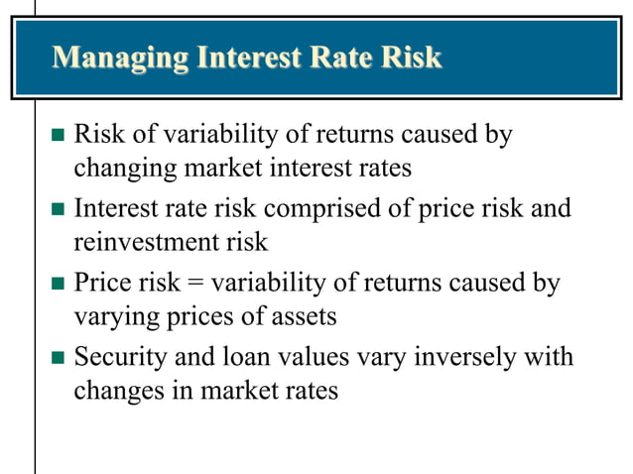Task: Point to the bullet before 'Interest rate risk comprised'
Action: click(57, 210)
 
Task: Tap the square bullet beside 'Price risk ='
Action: click(57, 285)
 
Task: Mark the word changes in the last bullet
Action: click(118, 391)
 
